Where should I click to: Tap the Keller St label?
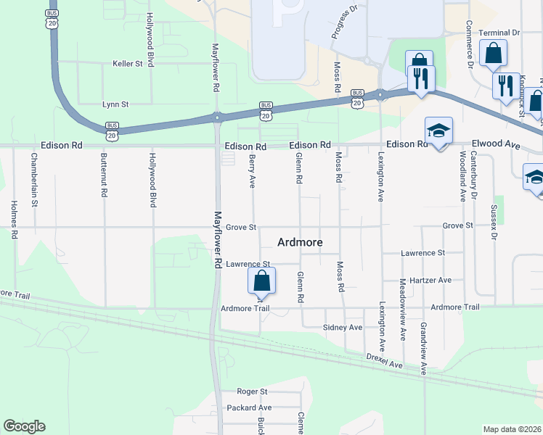pyautogui.click(x=128, y=64)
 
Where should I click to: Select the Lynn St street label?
pyautogui.click(x=115, y=104)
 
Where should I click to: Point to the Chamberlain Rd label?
pyautogui.click(x=34, y=180)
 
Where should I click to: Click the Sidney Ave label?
pyautogui.click(x=342, y=328)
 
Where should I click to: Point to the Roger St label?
pyautogui.click(x=252, y=391)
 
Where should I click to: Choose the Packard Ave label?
pyautogui.click(x=248, y=407)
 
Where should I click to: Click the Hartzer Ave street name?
pyautogui.click(x=430, y=280)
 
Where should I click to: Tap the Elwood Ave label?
pyautogui.click(x=497, y=144)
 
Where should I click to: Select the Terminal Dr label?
pyautogui.click(x=499, y=33)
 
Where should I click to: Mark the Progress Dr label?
pyautogui.click(x=344, y=22)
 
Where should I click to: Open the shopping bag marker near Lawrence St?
pyautogui.click(x=262, y=281)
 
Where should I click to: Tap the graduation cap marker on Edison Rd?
pyautogui.click(x=438, y=131)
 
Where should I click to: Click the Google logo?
pyautogui.click(x=24, y=426)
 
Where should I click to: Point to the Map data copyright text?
pyautogui.click(x=512, y=429)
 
